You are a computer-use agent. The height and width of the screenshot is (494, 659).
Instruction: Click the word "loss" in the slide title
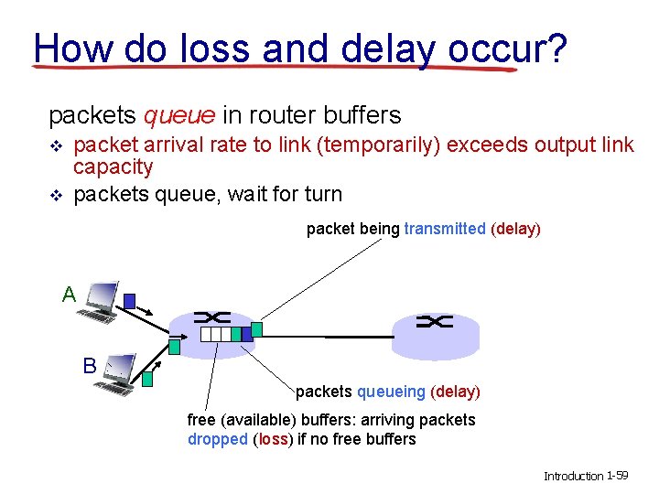(x=200, y=47)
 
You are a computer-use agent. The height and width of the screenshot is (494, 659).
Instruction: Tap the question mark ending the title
(x=557, y=47)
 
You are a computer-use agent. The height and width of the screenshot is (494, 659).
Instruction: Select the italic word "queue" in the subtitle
(x=179, y=115)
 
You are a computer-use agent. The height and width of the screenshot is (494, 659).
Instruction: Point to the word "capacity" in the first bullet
(x=113, y=166)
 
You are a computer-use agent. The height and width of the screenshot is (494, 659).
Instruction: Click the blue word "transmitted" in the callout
(x=445, y=229)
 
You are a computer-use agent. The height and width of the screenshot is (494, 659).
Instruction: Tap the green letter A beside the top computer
(x=69, y=295)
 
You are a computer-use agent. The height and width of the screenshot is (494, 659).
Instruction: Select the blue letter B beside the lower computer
(x=90, y=366)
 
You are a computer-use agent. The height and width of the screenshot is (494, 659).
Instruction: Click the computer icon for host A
(x=99, y=302)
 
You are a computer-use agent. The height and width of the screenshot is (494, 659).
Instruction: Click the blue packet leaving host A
(x=130, y=300)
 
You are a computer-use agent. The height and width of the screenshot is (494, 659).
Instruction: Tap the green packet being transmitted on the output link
(x=257, y=328)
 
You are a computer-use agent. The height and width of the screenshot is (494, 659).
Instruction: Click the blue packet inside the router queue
(x=246, y=335)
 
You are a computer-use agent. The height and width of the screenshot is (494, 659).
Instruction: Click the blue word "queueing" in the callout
(x=391, y=392)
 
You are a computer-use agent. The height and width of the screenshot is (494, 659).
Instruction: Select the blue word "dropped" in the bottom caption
(x=217, y=439)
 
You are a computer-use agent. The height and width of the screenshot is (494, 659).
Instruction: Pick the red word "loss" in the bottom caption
(x=273, y=439)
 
